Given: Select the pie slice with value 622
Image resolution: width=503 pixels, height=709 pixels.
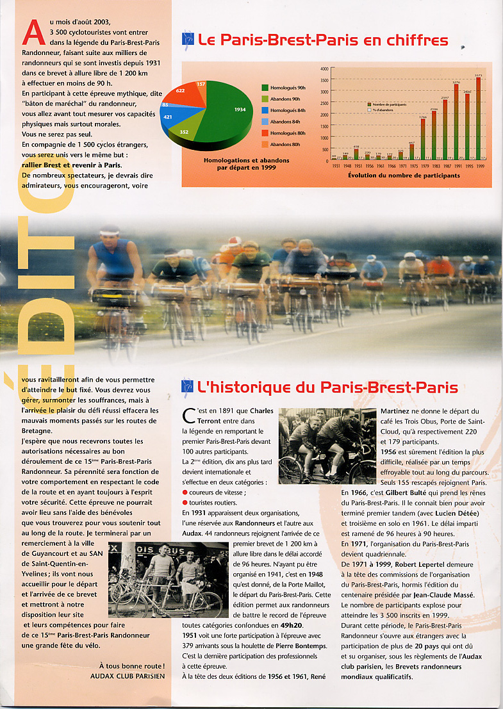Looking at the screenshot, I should coord(183,93).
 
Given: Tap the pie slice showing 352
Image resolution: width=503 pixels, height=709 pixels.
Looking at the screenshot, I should coord(185,131).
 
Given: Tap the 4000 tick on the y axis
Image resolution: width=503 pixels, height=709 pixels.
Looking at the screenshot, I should coord(324,69).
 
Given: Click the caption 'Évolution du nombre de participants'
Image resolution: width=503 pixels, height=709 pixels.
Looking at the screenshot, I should coord(404,175).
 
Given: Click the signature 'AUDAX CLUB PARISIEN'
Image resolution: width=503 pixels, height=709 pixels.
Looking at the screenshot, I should coord(128,676).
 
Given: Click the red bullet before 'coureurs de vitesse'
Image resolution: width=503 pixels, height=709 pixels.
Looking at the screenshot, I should coord(185,492).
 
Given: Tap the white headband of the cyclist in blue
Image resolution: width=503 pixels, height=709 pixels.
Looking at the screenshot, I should coord(110,229).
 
